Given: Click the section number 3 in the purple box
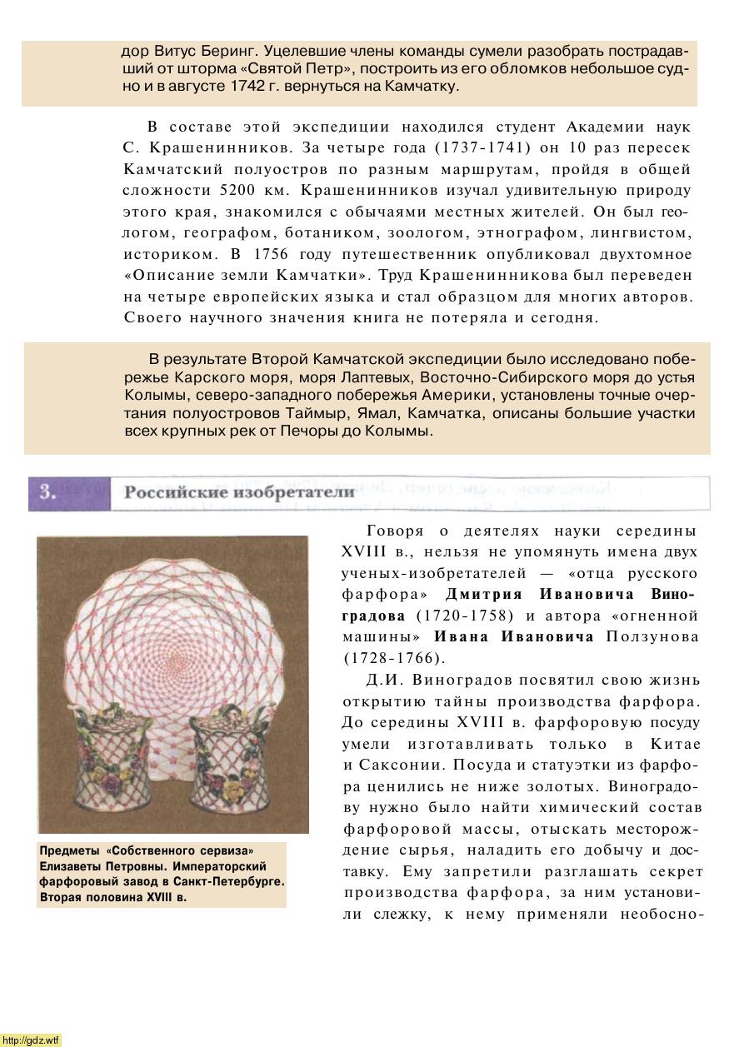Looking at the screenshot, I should (x=48, y=491).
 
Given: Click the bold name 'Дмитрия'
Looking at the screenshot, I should (x=483, y=595).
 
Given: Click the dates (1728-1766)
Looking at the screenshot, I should (x=391, y=659).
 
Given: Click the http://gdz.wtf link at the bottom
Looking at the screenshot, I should (x=32, y=1040).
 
